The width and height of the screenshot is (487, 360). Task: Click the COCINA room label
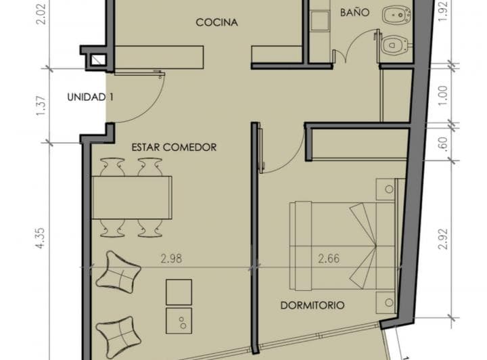(x=217, y=22)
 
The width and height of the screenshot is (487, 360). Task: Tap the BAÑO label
(x=354, y=12)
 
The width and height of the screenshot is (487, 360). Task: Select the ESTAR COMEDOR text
(x=174, y=147)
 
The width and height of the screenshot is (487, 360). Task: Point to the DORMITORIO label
(x=312, y=305)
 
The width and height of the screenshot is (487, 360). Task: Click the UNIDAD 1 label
(x=90, y=97)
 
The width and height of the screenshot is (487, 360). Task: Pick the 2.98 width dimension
(x=171, y=258)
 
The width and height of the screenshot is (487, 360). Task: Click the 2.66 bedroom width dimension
(x=329, y=258)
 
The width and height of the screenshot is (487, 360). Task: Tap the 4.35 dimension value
(x=41, y=239)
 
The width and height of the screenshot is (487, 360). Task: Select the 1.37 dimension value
(x=41, y=106)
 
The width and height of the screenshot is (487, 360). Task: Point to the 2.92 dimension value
(x=444, y=239)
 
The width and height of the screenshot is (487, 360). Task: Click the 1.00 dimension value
(x=444, y=95)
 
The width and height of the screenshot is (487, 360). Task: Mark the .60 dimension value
(x=444, y=144)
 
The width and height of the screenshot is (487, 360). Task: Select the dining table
(x=132, y=198)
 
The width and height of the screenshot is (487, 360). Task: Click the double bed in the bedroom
(x=342, y=246)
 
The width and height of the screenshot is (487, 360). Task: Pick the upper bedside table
(x=386, y=189)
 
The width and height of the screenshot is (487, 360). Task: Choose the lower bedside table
(x=386, y=302)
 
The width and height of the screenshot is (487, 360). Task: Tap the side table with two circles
(x=179, y=321)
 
